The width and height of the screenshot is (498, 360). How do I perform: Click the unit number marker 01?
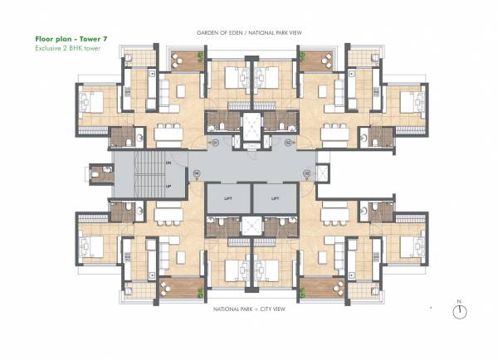(x=214, y=143)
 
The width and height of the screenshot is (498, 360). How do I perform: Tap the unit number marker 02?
(x=288, y=143)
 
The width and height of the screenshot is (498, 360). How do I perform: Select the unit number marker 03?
(x=306, y=173)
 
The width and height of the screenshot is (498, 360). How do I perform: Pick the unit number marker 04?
(x=197, y=173)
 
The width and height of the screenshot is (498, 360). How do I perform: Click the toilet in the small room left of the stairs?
(x=99, y=175)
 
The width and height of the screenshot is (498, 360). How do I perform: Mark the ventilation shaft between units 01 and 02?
(x=250, y=124)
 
